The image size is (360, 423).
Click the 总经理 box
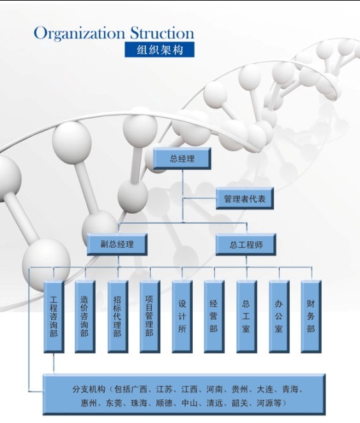(182, 158)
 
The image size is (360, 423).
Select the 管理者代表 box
(244, 198)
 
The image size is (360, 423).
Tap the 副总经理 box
(117, 244)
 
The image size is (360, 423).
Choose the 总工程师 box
(246, 244)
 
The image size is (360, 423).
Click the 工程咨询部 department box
(54, 316)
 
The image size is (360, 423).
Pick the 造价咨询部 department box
(85, 316)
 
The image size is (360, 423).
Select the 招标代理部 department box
(117, 316)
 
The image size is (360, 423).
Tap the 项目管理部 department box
(150, 316)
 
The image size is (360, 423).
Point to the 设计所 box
(182, 316)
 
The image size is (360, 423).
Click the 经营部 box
(214, 316)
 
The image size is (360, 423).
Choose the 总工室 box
(246, 316)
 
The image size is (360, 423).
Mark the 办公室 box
(279, 316)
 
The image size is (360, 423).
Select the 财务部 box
(311, 316)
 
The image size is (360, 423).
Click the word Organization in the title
(79, 33)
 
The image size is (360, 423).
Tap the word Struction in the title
(162, 33)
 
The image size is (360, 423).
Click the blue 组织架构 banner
(160, 50)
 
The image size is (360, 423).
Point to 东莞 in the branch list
(114, 403)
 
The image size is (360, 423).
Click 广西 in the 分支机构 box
(139, 389)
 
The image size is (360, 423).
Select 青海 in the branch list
(290, 389)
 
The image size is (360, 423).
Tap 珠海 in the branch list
(139, 403)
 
